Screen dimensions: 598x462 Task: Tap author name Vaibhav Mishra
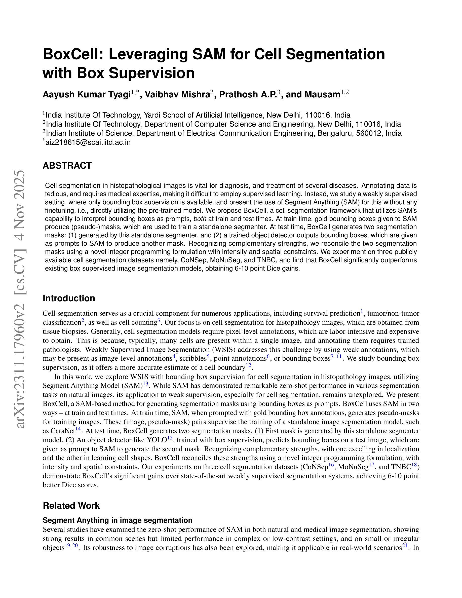coord(177,94)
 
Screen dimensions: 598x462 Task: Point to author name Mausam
coord(322,94)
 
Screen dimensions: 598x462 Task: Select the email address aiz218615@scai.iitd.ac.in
coord(88,142)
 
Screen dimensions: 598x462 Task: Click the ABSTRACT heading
coord(67,166)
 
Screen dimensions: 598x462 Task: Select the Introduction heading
coord(69,298)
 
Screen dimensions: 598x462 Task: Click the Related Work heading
coord(71,505)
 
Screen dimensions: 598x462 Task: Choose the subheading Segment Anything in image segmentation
coord(118,520)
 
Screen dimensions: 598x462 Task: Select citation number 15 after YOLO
coord(170,438)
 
